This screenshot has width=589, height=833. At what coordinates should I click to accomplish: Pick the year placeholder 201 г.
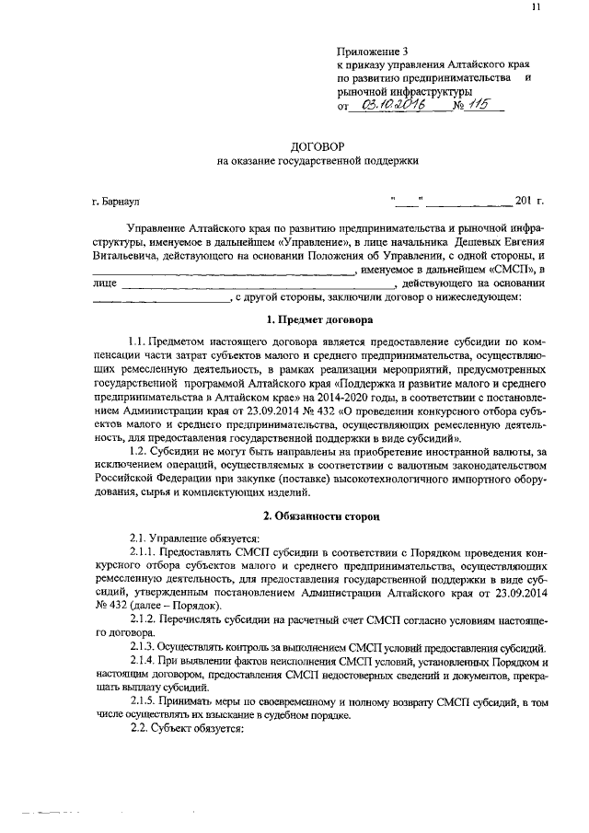[530, 200]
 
